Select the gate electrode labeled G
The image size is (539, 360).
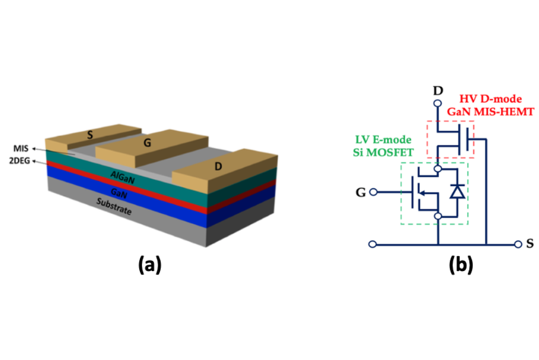(147, 143)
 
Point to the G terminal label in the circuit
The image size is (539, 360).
(361, 192)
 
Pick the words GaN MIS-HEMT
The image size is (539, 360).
(490, 111)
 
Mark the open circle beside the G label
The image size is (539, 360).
(374, 192)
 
